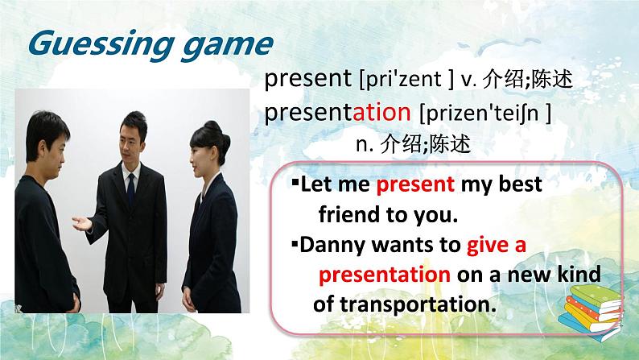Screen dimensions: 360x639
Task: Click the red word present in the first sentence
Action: (416, 184)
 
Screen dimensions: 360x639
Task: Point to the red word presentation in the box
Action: (384, 275)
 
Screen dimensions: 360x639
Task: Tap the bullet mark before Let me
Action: (295, 184)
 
